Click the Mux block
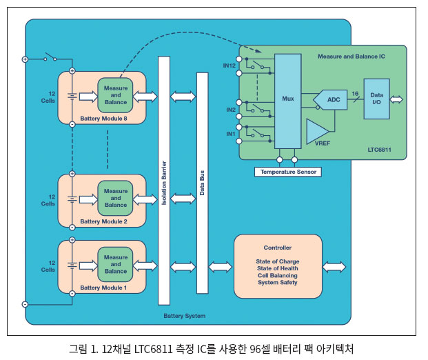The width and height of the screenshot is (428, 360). pyautogui.click(x=288, y=99)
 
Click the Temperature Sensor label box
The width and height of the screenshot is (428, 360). pyautogui.click(x=287, y=171)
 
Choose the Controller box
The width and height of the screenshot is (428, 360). pyautogui.click(x=278, y=266)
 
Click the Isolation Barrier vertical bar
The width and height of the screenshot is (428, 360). pyautogui.click(x=164, y=179)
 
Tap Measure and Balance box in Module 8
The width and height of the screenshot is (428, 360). pyautogui.click(x=116, y=96)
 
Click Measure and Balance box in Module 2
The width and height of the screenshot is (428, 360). pyautogui.click(x=116, y=198)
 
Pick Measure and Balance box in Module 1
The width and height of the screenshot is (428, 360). pyautogui.click(x=116, y=264)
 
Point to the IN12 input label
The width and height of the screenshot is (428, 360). pyautogui.click(x=229, y=66)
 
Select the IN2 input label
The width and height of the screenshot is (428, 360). pyautogui.click(x=230, y=110)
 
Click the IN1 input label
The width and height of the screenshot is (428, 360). pyautogui.click(x=230, y=133)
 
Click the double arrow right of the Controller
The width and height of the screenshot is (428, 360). pyautogui.click(x=334, y=266)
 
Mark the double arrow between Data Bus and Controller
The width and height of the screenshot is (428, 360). pyautogui.click(x=221, y=266)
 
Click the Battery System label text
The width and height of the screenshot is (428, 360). pyautogui.click(x=184, y=316)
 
